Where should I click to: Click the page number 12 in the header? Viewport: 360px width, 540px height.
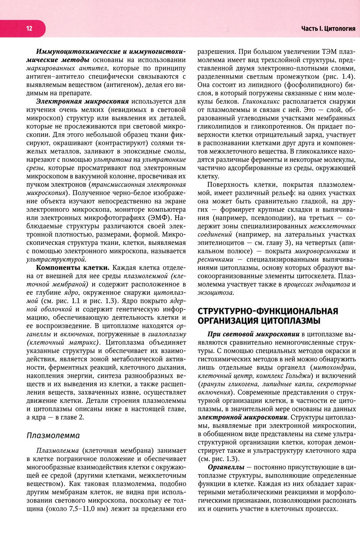[x=29, y=28]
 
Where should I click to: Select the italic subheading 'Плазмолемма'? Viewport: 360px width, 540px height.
[x=53, y=435]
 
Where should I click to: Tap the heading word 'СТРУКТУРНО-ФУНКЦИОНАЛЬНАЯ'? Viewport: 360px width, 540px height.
[x=268, y=311]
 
